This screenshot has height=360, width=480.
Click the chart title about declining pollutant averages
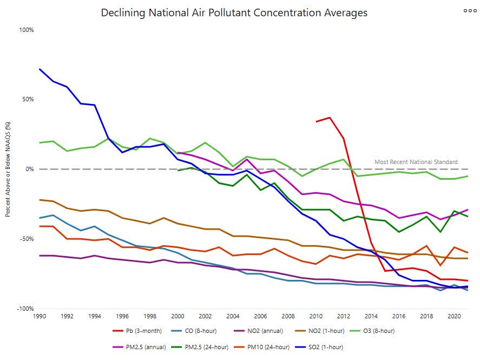[x=234, y=12]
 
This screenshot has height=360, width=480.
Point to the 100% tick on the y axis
[x=27, y=30]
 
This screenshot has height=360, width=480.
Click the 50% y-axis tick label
[x=28, y=100]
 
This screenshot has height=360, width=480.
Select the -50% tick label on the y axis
[x=27, y=239]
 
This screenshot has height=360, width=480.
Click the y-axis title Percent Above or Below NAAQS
[x=9, y=169]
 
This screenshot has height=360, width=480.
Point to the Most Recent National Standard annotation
[x=416, y=162]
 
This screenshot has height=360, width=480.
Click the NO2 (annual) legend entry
[x=267, y=331]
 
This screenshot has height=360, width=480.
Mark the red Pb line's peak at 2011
[x=330, y=117]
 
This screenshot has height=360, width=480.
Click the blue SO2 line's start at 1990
[x=40, y=69]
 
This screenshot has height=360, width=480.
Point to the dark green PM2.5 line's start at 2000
[x=178, y=171]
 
